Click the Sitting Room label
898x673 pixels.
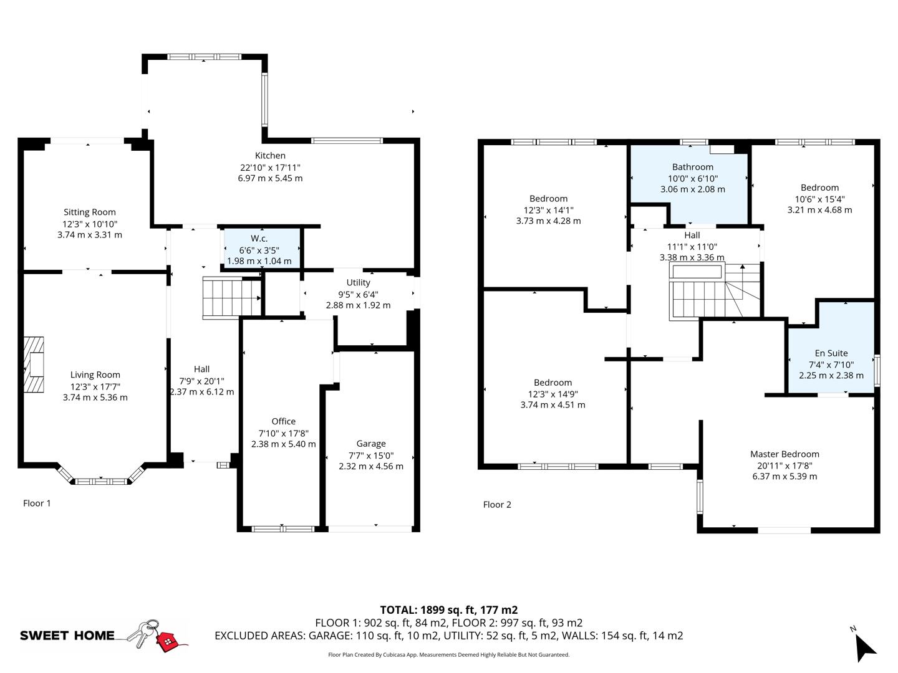[x=90, y=212]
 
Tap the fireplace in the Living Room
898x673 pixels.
[x=34, y=365]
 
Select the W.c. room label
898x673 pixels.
[x=259, y=239]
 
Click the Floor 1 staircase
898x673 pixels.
[x=231, y=298]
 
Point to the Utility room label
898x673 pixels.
[x=358, y=283]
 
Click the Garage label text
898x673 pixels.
[x=371, y=444]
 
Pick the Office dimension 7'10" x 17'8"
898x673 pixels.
[x=284, y=433]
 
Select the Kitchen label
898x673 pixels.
[x=270, y=156]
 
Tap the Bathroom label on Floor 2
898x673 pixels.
[x=692, y=167]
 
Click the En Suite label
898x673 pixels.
[x=831, y=353]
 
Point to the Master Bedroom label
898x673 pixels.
[x=785, y=454]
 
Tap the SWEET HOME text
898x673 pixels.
[x=67, y=636]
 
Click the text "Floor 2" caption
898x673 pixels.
[x=497, y=505]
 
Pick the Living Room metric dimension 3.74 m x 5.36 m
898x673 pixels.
[x=95, y=398]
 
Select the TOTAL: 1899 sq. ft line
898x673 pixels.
[x=449, y=610]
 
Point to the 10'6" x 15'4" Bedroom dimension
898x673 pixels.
[x=819, y=199]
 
